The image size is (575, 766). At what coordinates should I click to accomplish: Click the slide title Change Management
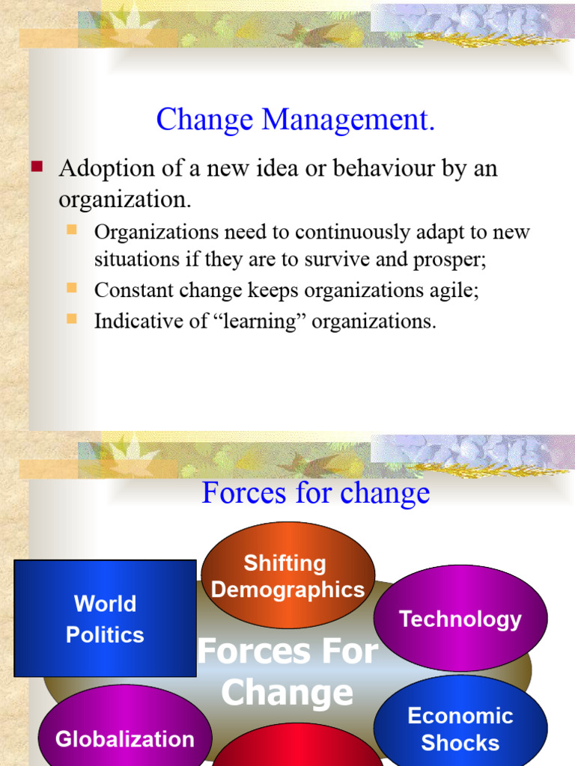coord(295,120)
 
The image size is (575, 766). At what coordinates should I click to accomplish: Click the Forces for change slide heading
coord(315,493)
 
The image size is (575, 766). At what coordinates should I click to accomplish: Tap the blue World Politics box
coord(105,619)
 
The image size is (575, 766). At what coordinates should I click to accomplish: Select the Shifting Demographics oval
coord(287,575)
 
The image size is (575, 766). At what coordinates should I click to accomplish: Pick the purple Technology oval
coord(460,619)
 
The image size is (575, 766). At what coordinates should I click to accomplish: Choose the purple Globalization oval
coord(124,738)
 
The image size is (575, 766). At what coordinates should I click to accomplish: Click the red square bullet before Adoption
coord(37,167)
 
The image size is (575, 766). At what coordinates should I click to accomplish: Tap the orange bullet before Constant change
coord(73,287)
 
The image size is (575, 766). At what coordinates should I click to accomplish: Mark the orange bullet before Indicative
coord(73,319)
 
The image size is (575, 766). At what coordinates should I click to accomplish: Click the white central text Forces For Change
coord(287,672)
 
